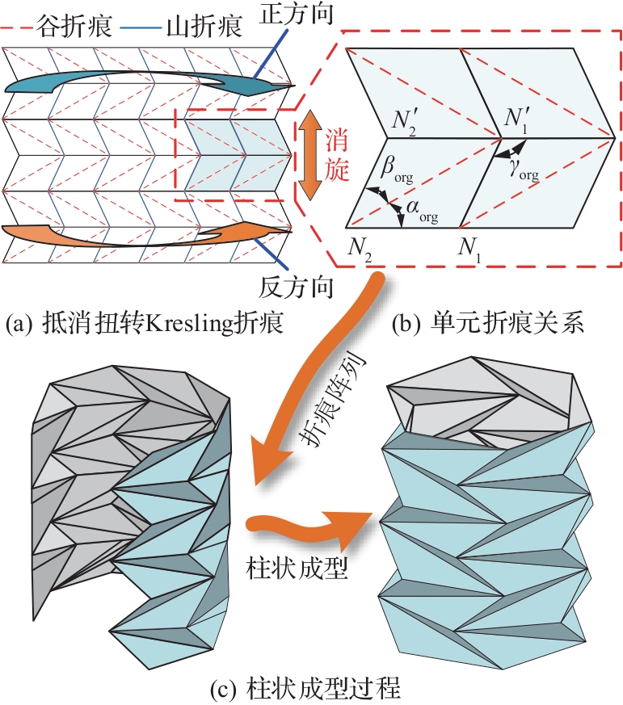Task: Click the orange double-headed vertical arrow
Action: pyautogui.click(x=306, y=156)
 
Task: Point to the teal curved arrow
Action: pyautogui.click(x=145, y=81)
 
